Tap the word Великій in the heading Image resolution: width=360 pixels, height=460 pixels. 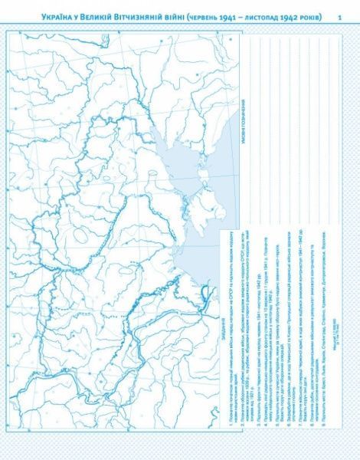[x=90, y=17]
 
